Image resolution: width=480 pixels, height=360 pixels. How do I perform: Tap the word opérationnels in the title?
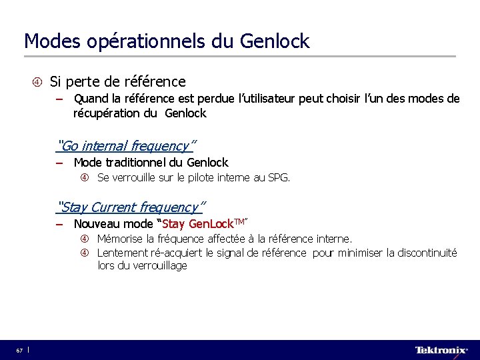coord(147,42)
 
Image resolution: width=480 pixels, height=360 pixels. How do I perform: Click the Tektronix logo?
coord(441,350)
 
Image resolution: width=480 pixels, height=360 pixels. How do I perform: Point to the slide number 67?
coord(20,350)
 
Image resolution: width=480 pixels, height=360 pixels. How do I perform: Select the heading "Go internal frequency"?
coord(127,145)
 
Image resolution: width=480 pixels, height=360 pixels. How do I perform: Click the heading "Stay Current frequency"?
coord(132,207)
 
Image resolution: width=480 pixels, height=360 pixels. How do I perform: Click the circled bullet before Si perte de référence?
coord(37,82)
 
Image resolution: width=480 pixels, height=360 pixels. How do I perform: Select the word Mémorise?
coord(120,239)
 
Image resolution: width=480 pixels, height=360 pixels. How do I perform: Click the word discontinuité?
coord(424,253)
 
